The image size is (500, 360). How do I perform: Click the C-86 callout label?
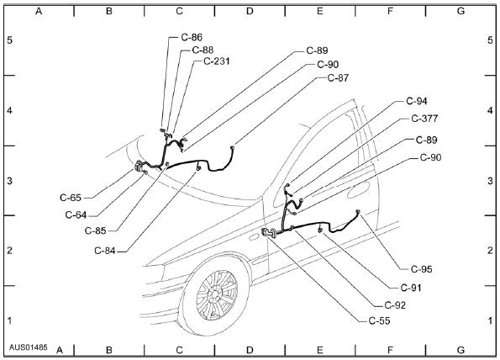click(x=192, y=37)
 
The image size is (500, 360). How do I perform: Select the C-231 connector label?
click(x=217, y=61)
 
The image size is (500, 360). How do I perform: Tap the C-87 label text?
click(x=338, y=78)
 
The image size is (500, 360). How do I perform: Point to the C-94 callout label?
click(x=417, y=101)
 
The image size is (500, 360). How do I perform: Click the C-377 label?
click(x=424, y=119)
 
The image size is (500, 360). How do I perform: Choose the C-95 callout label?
click(x=422, y=269)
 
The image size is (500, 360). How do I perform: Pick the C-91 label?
click(x=411, y=288)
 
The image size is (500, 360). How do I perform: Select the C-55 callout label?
click(x=380, y=320)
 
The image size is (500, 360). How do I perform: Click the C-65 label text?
click(x=71, y=198)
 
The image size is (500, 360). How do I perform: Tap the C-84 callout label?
click(x=105, y=251)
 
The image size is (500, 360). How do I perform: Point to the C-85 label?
click(x=95, y=230)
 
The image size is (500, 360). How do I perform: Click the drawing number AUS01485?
click(x=29, y=347)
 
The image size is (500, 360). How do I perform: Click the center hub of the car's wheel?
click(x=214, y=294)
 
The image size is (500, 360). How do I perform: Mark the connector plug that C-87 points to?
click(x=233, y=148)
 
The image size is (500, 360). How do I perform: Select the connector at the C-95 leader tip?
click(x=358, y=212)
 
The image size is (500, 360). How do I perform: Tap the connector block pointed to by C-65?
click(x=139, y=166)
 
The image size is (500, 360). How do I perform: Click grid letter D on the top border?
click(x=250, y=11)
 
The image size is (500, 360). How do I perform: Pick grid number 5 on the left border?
click(x=10, y=40)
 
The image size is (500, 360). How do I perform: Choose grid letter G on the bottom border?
click(x=461, y=350)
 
